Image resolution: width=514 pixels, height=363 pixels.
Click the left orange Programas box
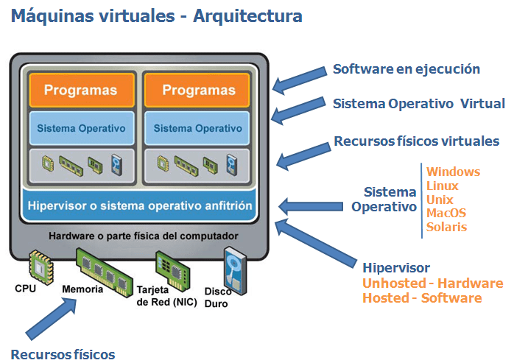pos(81,91)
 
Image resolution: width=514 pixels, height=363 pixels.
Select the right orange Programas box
pos(199,91)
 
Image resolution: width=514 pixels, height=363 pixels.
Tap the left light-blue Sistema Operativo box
pos(81,128)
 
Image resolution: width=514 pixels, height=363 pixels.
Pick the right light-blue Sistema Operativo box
pos(199,128)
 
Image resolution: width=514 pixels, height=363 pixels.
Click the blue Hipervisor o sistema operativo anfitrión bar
pos(140,205)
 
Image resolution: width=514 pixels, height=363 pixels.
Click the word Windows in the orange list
pos(453,172)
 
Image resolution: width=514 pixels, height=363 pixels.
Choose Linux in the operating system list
pos(442,186)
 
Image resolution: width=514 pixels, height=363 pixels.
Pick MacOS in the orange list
pos(446,213)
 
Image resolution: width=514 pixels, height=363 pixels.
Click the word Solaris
pos(446,227)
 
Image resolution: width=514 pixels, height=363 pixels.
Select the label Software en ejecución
pos(406,69)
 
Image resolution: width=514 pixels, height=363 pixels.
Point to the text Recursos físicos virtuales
pos(417,141)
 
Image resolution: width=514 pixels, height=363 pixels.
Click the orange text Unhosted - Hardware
pos(433,283)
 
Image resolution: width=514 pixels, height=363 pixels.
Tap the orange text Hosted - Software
pos(422,298)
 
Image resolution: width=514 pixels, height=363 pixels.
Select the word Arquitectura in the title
pos(248,15)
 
